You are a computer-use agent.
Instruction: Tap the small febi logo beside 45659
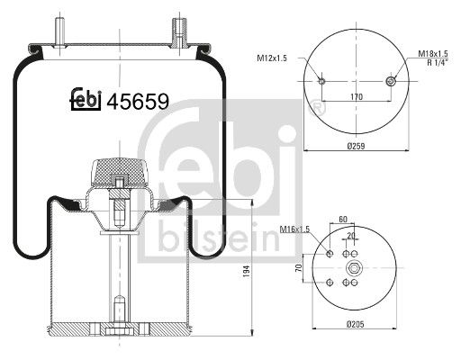click(x=86, y=100)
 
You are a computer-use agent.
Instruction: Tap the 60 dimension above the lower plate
click(x=344, y=218)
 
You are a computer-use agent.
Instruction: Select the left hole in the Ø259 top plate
click(x=322, y=81)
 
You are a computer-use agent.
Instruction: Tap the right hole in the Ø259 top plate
click(x=390, y=81)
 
